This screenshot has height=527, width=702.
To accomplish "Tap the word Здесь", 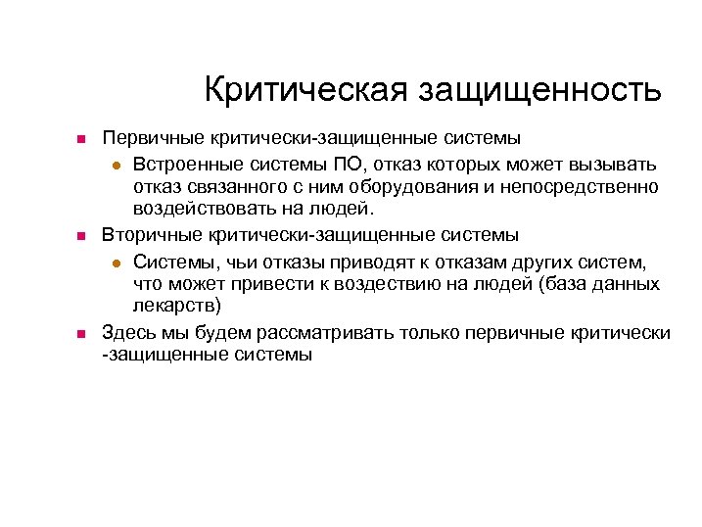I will coord(132,332).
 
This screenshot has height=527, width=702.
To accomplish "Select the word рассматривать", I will coord(315,332).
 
